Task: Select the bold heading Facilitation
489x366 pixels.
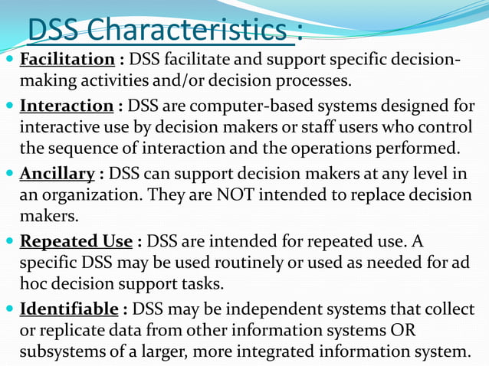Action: tap(67, 59)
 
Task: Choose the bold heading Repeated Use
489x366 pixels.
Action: tap(76, 242)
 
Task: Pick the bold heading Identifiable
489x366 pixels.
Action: tap(68, 310)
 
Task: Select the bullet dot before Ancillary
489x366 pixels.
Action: tap(8, 174)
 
